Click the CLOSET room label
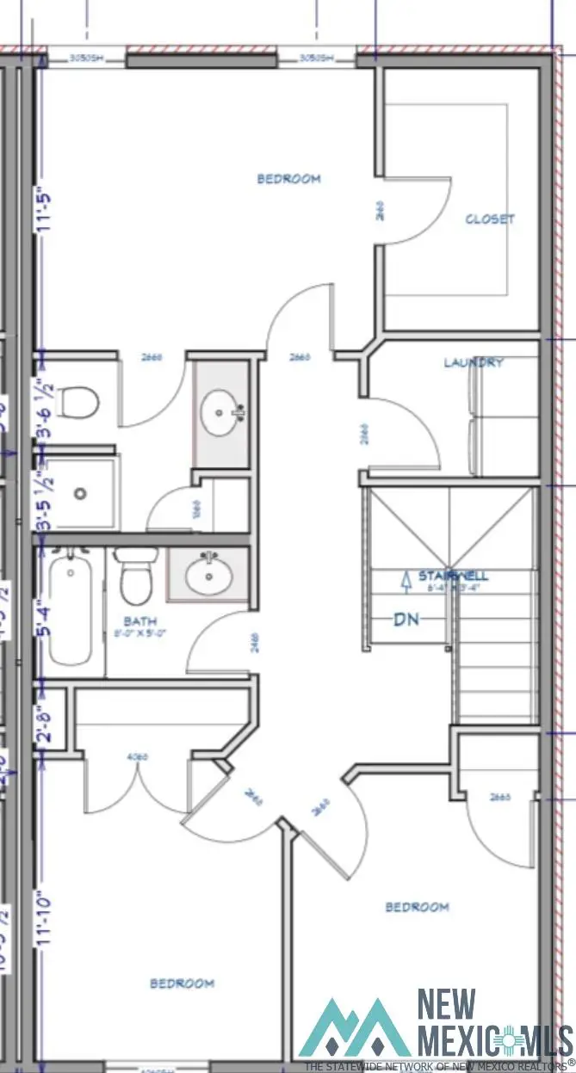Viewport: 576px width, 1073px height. click(x=490, y=219)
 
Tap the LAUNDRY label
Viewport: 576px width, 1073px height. click(x=474, y=363)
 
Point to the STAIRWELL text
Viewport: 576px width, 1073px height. click(x=444, y=575)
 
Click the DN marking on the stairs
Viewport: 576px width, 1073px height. click(x=407, y=619)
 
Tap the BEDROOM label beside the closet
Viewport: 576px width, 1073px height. click(x=289, y=179)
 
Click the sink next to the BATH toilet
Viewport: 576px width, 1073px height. click(x=207, y=572)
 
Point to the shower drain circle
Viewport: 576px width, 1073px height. click(x=80, y=494)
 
